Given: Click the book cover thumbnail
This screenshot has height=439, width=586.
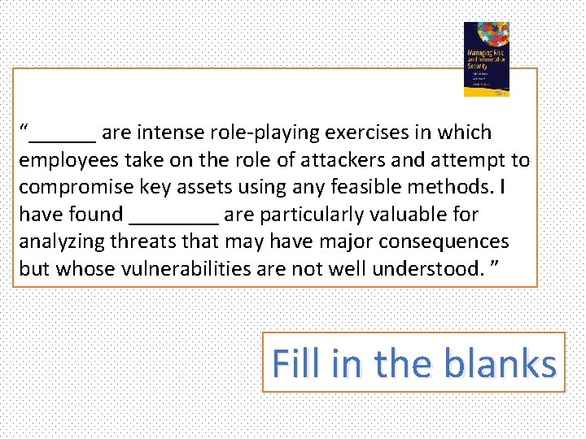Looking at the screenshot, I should (x=486, y=59).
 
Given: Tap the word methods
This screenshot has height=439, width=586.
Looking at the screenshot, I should (x=455, y=187).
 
